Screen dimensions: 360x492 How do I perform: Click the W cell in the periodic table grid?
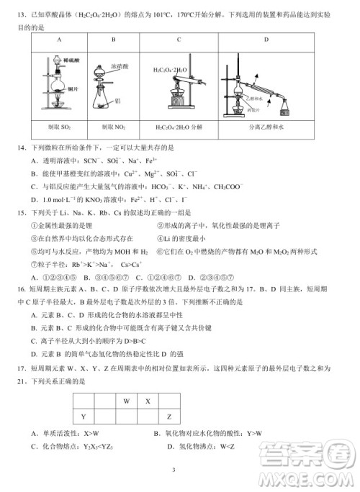point(126,401)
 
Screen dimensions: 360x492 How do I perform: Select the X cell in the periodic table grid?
point(148,401)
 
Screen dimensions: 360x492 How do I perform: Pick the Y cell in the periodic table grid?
point(84,417)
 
